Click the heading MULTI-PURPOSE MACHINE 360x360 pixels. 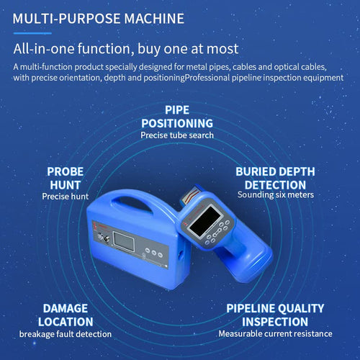point(98,17)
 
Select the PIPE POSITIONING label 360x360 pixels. point(178,117)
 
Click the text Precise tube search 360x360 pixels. point(177,135)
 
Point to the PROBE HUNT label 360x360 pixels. point(66,178)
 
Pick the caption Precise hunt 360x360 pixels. point(66,195)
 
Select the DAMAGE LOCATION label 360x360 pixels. point(66,315)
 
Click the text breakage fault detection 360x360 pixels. point(66,334)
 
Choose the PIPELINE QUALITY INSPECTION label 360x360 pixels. point(276,315)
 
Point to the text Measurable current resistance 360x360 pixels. point(276,334)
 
